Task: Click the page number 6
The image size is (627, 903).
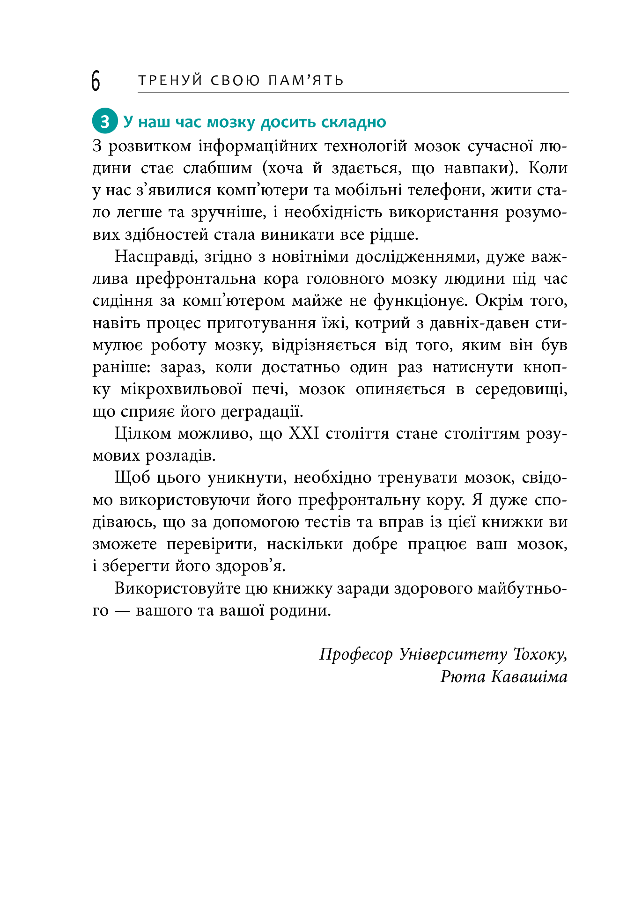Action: (96, 81)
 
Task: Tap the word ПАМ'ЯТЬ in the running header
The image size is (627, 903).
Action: (306, 81)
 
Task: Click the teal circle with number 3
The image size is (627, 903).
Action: (104, 122)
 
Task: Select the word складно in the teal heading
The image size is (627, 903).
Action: (354, 122)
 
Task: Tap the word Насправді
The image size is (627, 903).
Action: (153, 257)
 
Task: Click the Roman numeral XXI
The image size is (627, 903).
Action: (304, 434)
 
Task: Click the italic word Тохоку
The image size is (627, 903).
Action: (540, 654)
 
